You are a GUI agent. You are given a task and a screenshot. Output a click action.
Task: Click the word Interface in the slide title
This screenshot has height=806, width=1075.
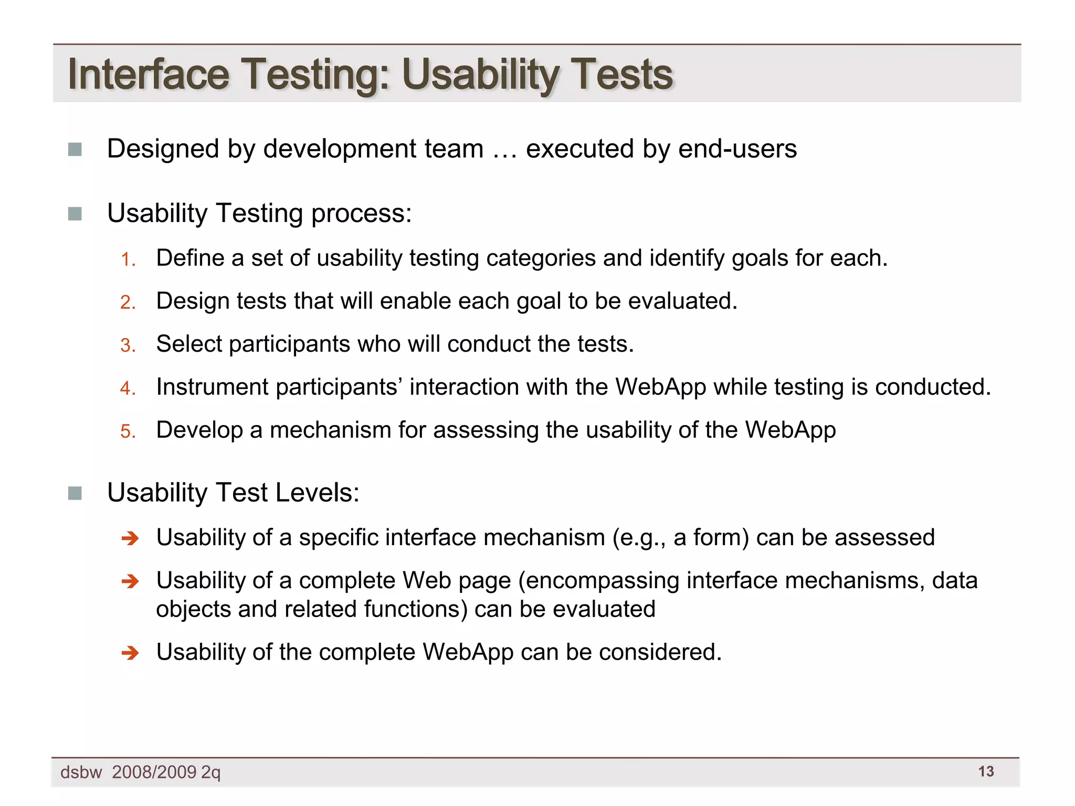(149, 74)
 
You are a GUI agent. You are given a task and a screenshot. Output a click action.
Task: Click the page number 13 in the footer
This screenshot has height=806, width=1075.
(986, 771)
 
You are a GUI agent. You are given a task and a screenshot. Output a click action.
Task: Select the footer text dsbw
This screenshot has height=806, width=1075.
(81, 772)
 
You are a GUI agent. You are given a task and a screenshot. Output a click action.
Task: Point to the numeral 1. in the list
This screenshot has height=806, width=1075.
(128, 260)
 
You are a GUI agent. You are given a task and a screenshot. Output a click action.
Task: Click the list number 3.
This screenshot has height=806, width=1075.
(128, 346)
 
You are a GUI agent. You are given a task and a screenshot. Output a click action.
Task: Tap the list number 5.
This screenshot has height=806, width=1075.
(128, 432)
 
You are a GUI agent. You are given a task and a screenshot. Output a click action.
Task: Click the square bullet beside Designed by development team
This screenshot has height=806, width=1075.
(75, 150)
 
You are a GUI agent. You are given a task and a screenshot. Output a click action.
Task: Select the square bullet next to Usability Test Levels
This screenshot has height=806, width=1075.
(75, 493)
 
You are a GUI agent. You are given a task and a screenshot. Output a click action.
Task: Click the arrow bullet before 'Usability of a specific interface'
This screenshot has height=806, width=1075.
(130, 538)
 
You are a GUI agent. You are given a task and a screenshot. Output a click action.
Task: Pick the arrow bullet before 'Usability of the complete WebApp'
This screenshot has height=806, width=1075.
(130, 653)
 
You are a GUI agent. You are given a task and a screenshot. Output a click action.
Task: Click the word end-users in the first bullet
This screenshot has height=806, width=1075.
(737, 149)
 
